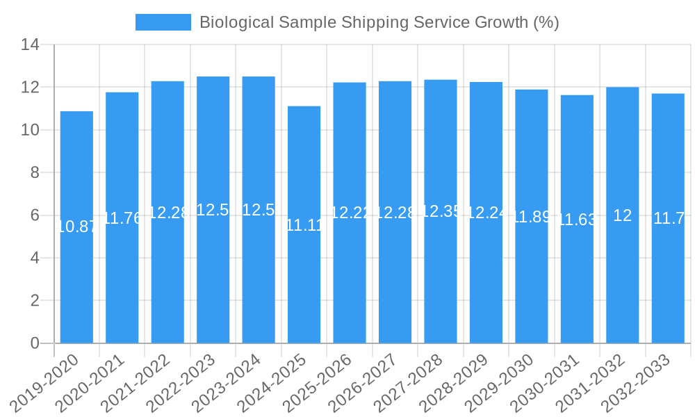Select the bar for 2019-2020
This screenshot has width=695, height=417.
click(x=76, y=278)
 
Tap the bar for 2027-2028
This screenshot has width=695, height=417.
click(x=441, y=278)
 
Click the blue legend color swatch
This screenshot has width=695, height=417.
click(x=163, y=22)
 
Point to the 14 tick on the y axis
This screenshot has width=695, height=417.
click(x=30, y=45)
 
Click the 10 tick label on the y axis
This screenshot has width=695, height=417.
click(x=30, y=130)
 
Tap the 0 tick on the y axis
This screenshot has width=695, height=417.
click(x=35, y=343)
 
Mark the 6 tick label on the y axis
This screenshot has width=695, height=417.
click(x=35, y=215)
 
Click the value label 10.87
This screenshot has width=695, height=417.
click(x=76, y=226)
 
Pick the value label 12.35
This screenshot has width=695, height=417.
click(x=441, y=211)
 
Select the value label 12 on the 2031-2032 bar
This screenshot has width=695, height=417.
click(x=623, y=215)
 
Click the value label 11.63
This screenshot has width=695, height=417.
click(x=577, y=220)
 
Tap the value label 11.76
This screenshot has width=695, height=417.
click(x=122, y=218)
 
